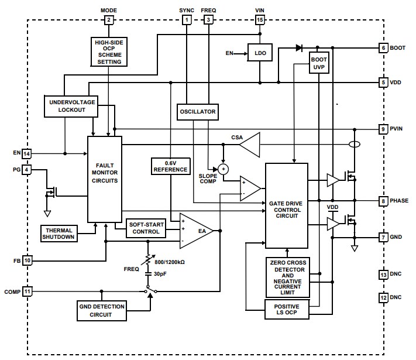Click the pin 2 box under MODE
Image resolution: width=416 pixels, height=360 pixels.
pyautogui.click(x=109, y=20)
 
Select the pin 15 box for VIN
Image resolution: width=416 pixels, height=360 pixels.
pyautogui.click(x=260, y=20)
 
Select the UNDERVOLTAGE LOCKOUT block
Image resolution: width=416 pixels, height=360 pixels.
pyautogui.click(x=71, y=106)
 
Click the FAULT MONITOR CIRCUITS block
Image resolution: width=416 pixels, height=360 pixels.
pyautogui.click(x=105, y=179)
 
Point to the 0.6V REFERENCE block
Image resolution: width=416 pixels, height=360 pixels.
pyautogui.click(x=170, y=166)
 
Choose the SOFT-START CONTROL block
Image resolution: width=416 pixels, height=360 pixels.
pyautogui.click(x=146, y=227)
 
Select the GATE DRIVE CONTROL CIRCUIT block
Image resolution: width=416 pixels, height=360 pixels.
pyautogui.click(x=287, y=205)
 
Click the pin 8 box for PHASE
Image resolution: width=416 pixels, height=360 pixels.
pyautogui.click(x=383, y=201)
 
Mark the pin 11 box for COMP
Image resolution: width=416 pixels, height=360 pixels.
pyautogui.click(x=27, y=291)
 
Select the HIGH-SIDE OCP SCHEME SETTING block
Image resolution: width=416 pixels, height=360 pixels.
pyautogui.click(x=109, y=52)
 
